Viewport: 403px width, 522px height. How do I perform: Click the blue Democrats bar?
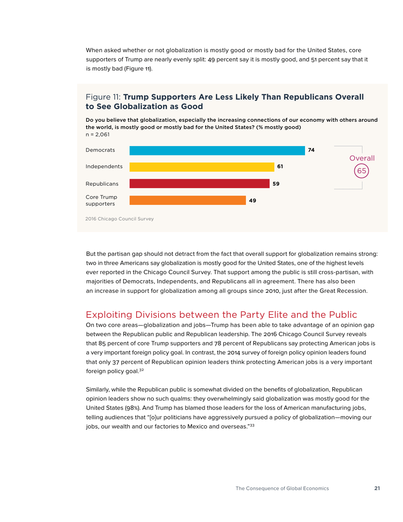click(x=217, y=150)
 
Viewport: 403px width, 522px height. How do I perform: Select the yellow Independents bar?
click(x=202, y=167)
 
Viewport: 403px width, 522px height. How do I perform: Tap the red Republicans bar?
click(x=199, y=184)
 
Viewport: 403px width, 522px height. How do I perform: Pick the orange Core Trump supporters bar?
click(x=187, y=200)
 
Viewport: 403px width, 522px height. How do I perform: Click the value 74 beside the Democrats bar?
click(x=311, y=150)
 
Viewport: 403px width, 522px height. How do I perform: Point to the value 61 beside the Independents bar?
click(x=280, y=167)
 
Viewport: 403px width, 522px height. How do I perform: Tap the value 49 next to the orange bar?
click(x=252, y=200)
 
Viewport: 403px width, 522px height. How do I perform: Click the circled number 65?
click(x=361, y=170)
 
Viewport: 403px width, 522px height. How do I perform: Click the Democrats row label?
click(x=101, y=150)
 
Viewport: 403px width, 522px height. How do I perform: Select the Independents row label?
click(x=104, y=167)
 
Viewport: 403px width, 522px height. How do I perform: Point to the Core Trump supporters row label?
click(x=101, y=201)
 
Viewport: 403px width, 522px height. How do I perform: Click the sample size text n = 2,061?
click(x=98, y=135)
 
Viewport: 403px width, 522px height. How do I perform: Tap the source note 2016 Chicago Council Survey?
click(x=120, y=219)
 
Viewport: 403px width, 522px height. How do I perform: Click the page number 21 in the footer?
click(x=377, y=488)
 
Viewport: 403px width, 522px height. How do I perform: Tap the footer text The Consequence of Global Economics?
click(x=282, y=488)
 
